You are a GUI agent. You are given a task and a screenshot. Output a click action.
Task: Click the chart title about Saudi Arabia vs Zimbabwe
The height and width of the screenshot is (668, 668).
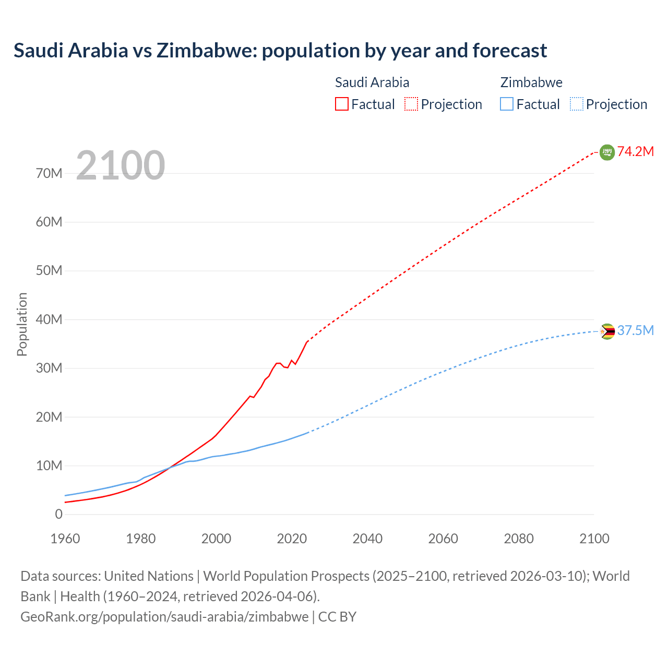pyautogui.click(x=280, y=51)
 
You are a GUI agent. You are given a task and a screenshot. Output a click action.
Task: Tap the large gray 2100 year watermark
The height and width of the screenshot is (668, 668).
pyautogui.click(x=121, y=165)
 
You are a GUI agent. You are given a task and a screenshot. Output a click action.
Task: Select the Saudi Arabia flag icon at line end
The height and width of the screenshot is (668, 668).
pyautogui.click(x=607, y=152)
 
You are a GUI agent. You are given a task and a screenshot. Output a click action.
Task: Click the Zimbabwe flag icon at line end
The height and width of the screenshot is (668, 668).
pyautogui.click(x=607, y=331)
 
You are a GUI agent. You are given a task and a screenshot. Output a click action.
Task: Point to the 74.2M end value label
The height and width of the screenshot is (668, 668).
pyautogui.click(x=636, y=152)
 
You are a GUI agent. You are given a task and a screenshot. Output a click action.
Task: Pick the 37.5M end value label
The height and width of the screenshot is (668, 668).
pyautogui.click(x=636, y=331)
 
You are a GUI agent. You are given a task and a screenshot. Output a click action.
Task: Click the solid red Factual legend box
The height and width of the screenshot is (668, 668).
pyautogui.click(x=341, y=104)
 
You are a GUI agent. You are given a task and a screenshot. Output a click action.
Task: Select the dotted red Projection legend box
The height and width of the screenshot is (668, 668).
pyautogui.click(x=411, y=104)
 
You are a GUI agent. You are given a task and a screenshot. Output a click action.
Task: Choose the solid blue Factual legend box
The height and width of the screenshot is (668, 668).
pyautogui.click(x=507, y=104)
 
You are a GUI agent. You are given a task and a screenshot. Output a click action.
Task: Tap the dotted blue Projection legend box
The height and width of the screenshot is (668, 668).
pyautogui.click(x=577, y=104)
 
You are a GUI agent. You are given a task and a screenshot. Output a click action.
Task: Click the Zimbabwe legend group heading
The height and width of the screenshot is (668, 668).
pyautogui.click(x=531, y=82)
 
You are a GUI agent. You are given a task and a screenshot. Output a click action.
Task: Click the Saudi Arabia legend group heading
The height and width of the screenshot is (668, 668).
pyautogui.click(x=372, y=82)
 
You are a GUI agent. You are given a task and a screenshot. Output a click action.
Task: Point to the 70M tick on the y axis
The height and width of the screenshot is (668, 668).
pyautogui.click(x=49, y=173)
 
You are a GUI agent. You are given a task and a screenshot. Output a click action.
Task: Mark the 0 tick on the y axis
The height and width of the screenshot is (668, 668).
pyautogui.click(x=58, y=514)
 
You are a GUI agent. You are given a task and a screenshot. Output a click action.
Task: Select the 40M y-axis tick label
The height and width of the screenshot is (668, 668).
pyautogui.click(x=49, y=319)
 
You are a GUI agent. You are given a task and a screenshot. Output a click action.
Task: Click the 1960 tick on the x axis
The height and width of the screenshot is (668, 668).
pyautogui.click(x=65, y=539)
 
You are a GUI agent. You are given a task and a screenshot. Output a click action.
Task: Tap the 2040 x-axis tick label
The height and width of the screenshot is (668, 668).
pyautogui.click(x=367, y=539)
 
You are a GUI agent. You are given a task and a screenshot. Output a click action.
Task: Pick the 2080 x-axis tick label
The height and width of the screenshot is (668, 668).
pyautogui.click(x=519, y=539)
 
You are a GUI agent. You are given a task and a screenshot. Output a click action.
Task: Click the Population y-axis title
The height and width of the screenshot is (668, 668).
pyautogui.click(x=22, y=324)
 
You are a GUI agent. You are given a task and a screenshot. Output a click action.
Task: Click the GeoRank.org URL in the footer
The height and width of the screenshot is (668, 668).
pyautogui.click(x=164, y=617)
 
